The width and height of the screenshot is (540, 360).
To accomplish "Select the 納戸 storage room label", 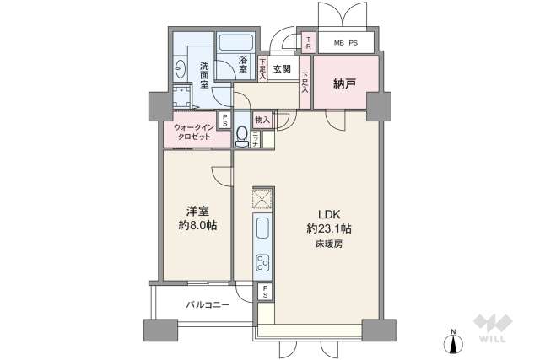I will [343, 83].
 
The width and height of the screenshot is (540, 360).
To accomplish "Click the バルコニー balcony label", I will [208, 305].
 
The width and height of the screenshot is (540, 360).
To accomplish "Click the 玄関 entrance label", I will [281, 69].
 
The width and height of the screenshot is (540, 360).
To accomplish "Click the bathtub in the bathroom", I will [239, 45].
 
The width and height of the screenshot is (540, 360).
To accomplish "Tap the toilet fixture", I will [243, 134].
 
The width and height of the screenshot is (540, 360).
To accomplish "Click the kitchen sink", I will [262, 229].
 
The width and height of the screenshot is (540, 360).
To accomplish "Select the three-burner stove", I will [262, 263].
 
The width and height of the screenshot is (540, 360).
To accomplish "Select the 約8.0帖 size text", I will [196, 226].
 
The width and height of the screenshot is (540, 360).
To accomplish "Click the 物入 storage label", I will [262, 121].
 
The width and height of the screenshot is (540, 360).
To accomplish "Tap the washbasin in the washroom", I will [182, 68].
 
